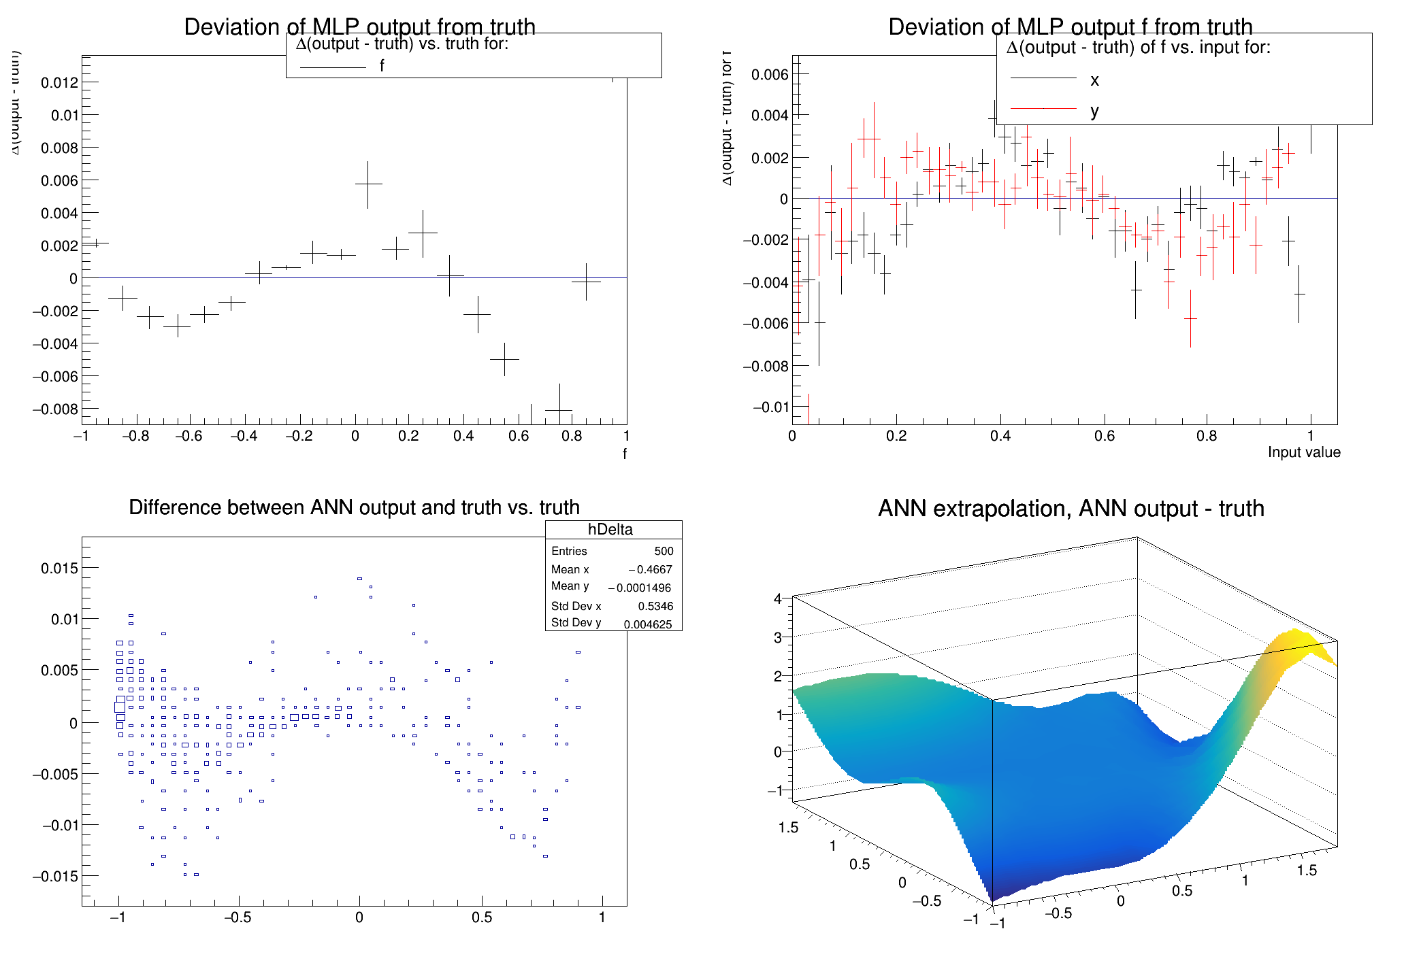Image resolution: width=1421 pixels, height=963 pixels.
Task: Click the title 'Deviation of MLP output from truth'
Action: click(x=359, y=27)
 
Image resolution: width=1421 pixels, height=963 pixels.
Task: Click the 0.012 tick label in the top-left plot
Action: click(x=59, y=83)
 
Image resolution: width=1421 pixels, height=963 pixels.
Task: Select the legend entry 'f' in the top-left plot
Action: click(x=382, y=66)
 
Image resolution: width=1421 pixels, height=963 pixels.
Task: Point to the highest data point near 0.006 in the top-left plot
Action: click(x=368, y=184)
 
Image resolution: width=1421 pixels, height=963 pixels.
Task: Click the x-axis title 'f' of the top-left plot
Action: click(x=625, y=454)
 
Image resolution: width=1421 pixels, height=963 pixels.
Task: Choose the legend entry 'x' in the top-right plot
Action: click(x=1094, y=80)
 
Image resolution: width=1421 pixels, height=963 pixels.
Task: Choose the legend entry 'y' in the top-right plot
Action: click(x=1094, y=110)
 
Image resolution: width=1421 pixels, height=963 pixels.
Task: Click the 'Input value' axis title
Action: click(x=1303, y=452)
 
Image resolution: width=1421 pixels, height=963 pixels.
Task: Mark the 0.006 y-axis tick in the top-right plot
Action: click(x=770, y=74)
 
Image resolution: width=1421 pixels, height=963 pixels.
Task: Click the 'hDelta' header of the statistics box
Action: click(x=610, y=529)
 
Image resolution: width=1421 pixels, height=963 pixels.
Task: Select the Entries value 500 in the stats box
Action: click(x=664, y=551)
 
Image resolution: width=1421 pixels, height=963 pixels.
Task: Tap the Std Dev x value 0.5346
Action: click(x=655, y=606)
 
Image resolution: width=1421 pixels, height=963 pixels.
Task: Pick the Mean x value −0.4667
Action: click(x=651, y=569)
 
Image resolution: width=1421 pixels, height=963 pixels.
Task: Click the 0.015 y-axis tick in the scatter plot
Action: click(x=59, y=568)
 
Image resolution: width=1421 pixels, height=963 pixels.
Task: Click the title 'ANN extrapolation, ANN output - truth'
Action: click(x=1071, y=508)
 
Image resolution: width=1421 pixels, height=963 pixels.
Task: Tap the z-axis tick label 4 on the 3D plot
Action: click(x=777, y=598)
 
